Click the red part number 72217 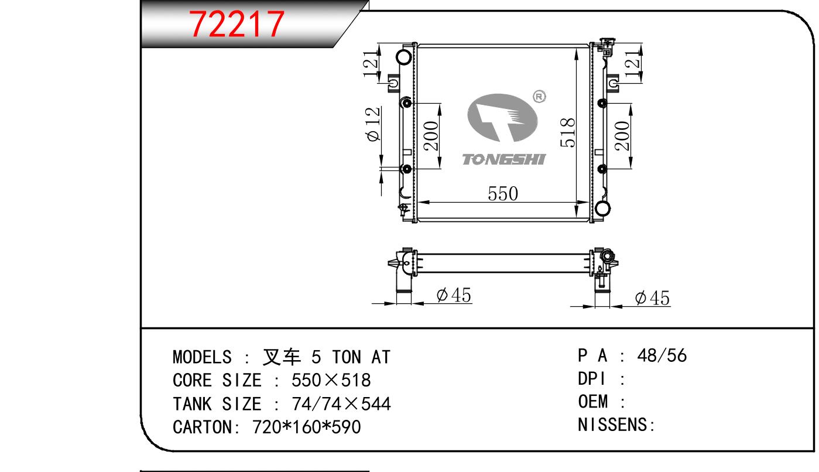click(237, 24)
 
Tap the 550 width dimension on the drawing click(503, 193)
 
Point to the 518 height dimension click(567, 132)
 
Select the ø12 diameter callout click(373, 124)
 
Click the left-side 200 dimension click(431, 136)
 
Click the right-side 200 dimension click(622, 136)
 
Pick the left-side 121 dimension click(371, 64)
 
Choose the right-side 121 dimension click(632, 64)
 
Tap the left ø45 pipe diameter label click(454, 295)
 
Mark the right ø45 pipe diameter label click(652, 298)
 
